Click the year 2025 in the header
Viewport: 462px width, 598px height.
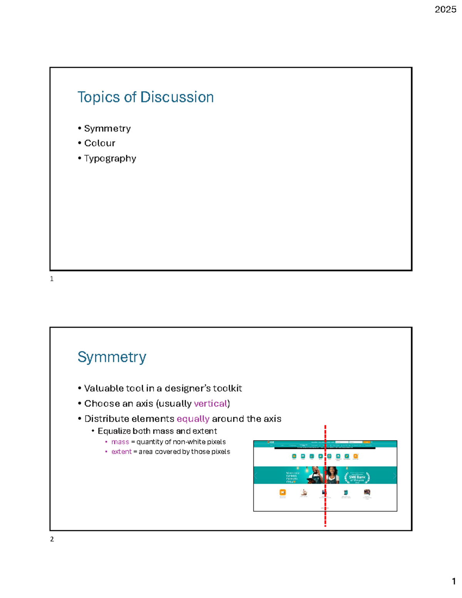pyautogui.click(x=445, y=10)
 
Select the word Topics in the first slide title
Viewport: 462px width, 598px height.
pyautogui.click(x=99, y=97)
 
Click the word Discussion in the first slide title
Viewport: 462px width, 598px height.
pyautogui.click(x=177, y=97)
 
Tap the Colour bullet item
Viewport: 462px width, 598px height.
pyautogui.click(x=99, y=143)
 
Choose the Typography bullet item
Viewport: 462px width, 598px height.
pyautogui.click(x=110, y=159)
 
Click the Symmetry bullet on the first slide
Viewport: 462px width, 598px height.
pyautogui.click(x=107, y=128)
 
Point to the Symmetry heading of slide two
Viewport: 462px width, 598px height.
pyautogui.click(x=112, y=357)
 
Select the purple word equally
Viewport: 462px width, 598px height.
pyautogui.click(x=193, y=419)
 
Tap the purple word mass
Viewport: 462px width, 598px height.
pyautogui.click(x=120, y=442)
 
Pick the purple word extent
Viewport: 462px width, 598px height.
pyautogui.click(x=121, y=452)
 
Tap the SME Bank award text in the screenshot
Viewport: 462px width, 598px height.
pyautogui.click(x=357, y=477)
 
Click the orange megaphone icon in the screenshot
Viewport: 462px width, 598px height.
pyautogui.click(x=283, y=492)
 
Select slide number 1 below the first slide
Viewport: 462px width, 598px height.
pyautogui.click(x=52, y=279)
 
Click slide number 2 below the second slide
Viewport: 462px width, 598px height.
pyautogui.click(x=52, y=539)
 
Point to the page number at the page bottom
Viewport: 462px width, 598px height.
pyautogui.click(x=454, y=581)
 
